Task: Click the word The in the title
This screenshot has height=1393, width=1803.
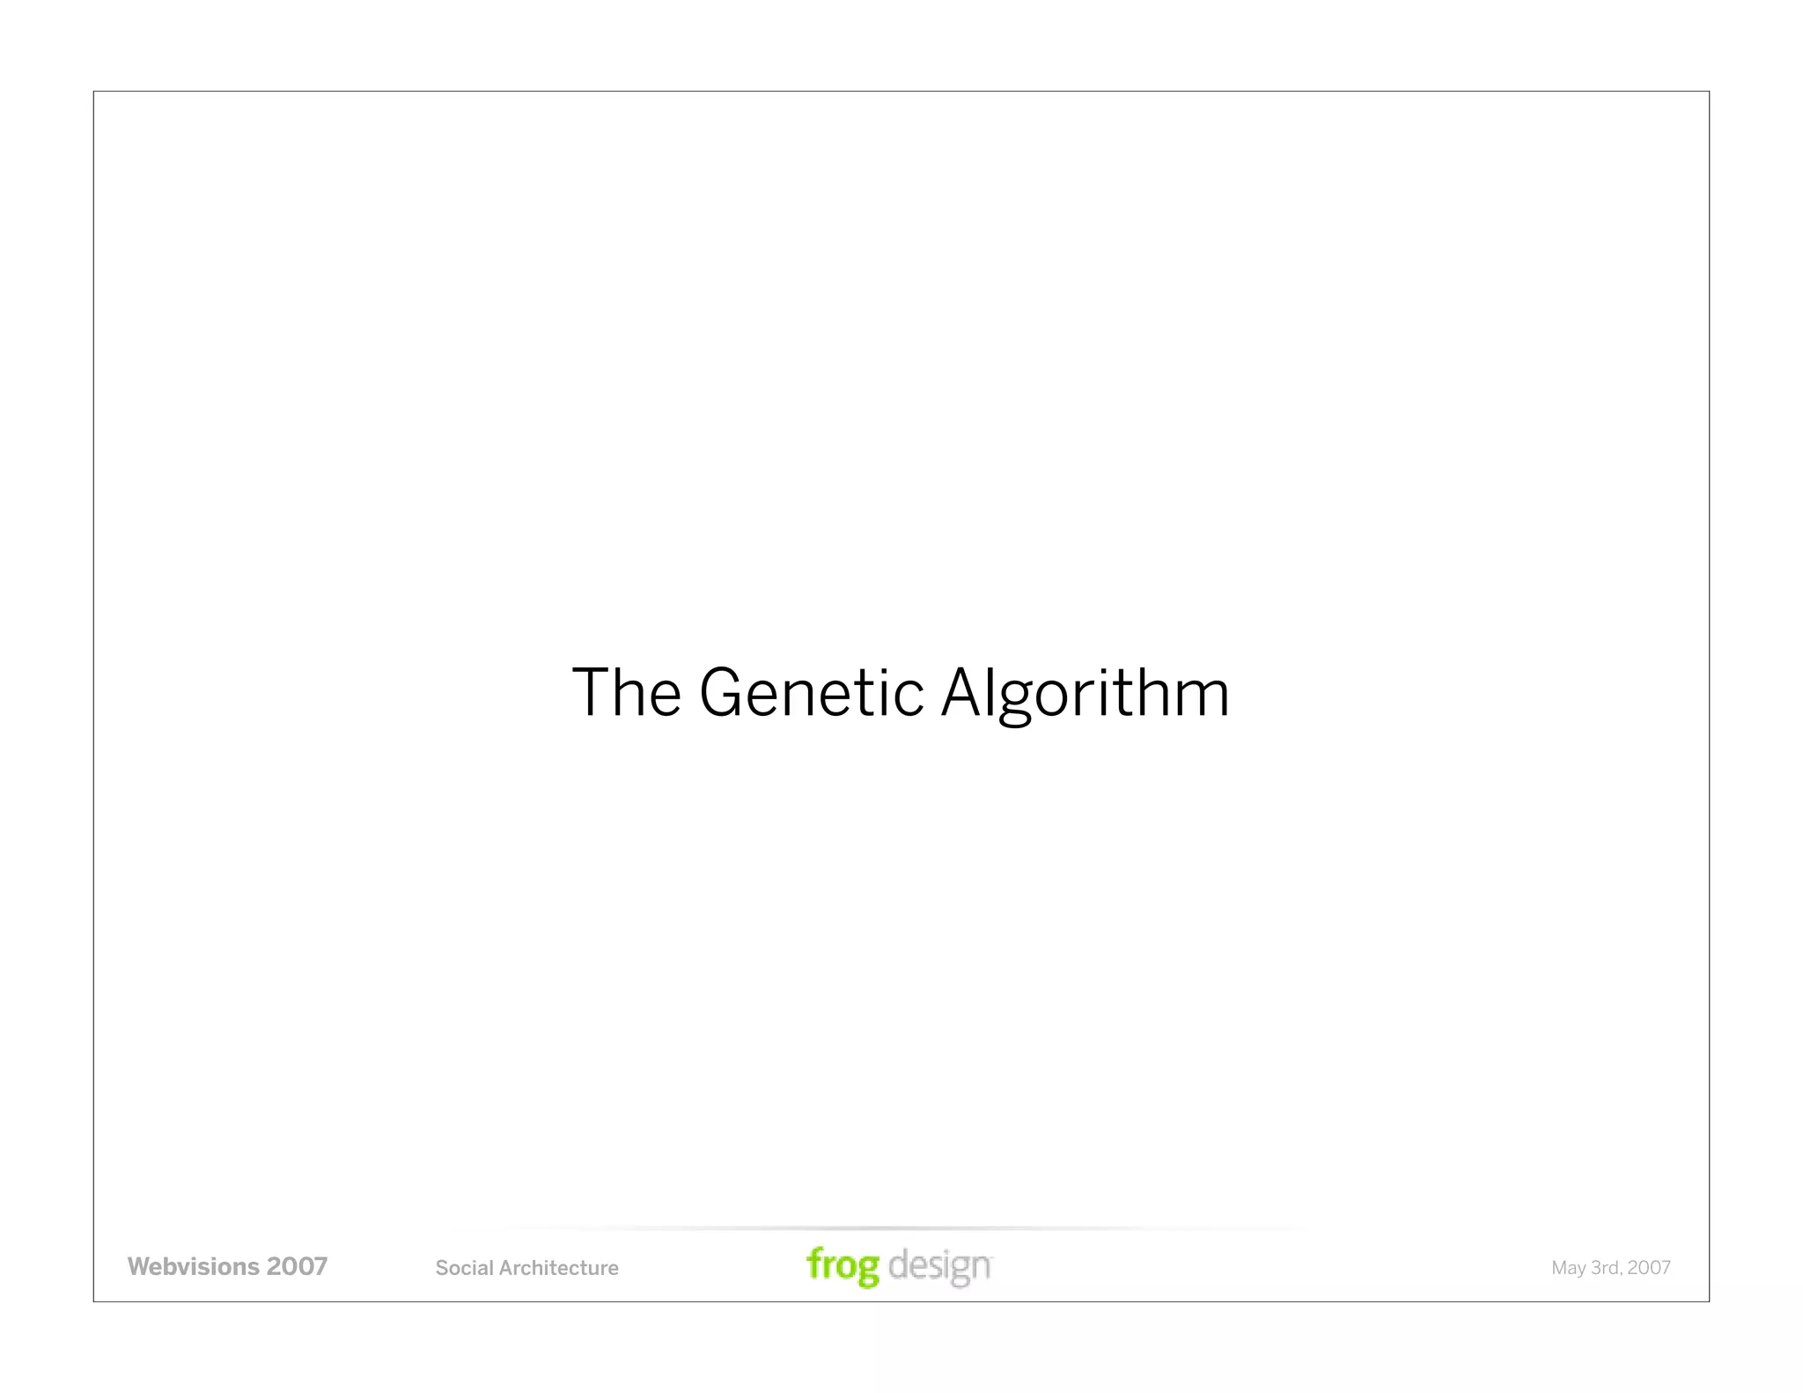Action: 626,692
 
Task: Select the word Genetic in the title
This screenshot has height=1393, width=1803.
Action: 811,692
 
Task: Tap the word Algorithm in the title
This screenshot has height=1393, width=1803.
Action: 1085,692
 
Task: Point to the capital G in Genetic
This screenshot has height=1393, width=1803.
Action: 722,692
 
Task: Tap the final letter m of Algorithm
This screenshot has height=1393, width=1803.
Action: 1206,696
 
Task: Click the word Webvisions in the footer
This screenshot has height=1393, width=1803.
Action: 193,1266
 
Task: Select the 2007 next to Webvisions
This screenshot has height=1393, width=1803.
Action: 297,1266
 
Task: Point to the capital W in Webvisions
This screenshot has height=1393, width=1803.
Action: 139,1266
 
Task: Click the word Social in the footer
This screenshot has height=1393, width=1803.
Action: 464,1268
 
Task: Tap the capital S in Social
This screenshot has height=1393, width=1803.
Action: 441,1268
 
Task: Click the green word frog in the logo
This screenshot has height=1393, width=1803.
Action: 843,1266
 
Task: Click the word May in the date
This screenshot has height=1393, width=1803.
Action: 1568,1269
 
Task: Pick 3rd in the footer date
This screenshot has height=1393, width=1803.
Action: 1607,1268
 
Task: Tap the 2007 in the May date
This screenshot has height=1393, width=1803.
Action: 1649,1268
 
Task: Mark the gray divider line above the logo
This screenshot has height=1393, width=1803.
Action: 880,1228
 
